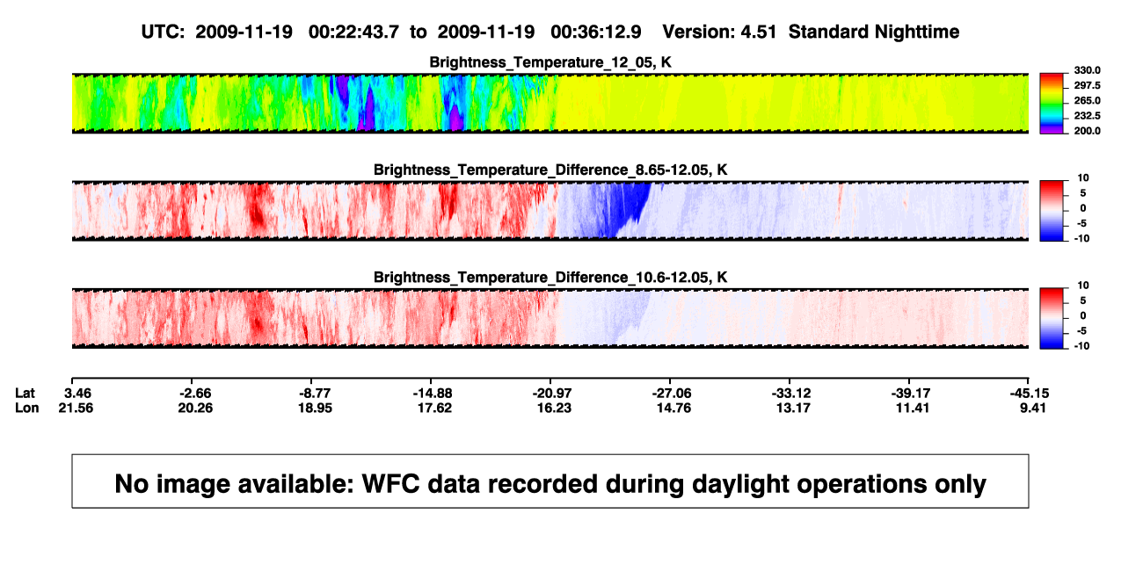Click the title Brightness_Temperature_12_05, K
(x=550, y=62)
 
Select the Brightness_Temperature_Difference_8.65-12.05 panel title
(x=550, y=170)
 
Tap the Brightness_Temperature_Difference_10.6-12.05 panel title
(x=550, y=278)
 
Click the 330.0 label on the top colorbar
(x=1087, y=70)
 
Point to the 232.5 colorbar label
(x=1087, y=116)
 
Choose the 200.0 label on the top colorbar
(x=1087, y=131)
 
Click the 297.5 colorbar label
(x=1087, y=86)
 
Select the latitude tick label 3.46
(x=77, y=394)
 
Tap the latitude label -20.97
(x=552, y=394)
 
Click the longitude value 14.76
(x=673, y=408)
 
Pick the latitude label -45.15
(x=1030, y=394)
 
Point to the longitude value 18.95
(x=315, y=408)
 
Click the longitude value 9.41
(x=1033, y=408)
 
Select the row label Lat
(x=25, y=394)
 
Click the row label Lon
(x=26, y=408)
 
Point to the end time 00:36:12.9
(x=596, y=32)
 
